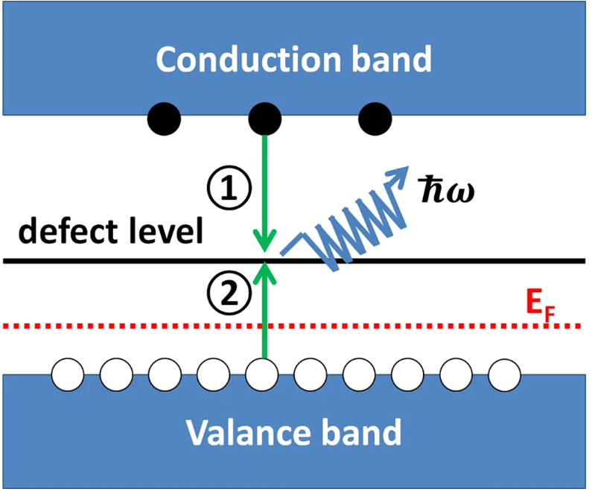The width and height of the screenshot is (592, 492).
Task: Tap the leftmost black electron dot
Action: [164, 119]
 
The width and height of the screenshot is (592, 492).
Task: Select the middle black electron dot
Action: [264, 119]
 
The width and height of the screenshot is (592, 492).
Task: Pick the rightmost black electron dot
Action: [375, 119]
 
